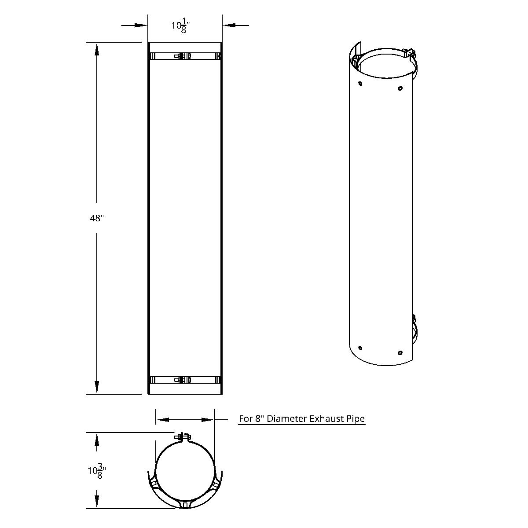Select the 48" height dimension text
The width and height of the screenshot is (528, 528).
click(x=96, y=218)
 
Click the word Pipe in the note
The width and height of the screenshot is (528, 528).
click(x=356, y=418)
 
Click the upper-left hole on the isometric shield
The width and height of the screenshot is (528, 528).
click(x=360, y=83)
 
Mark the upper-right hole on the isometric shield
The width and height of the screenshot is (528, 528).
click(x=400, y=88)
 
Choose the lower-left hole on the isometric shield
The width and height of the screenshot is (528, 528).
click(x=360, y=348)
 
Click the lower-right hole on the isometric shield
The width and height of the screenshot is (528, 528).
click(x=400, y=353)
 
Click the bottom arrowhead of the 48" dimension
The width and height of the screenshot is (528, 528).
click(x=97, y=388)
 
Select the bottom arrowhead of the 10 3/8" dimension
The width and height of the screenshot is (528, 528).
click(x=97, y=502)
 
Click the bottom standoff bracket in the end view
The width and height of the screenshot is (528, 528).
click(x=185, y=503)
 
